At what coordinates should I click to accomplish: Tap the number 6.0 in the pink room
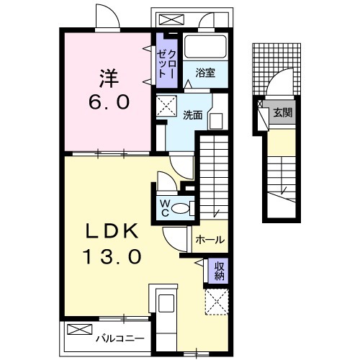coord(109,102)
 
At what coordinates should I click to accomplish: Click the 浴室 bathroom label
coord(205,72)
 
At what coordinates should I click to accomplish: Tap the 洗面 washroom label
coord(192,114)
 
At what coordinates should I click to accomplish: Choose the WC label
coord(165,207)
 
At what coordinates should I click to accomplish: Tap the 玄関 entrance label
coord(281,112)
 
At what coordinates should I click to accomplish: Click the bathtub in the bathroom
coord(205,48)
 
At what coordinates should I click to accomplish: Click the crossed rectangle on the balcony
coord(77,330)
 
